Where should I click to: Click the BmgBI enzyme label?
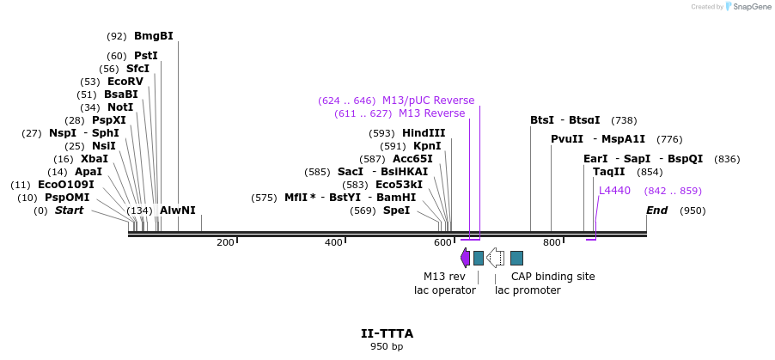(x=153, y=36)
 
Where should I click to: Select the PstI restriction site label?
(x=145, y=56)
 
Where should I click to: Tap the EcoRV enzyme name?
(x=125, y=82)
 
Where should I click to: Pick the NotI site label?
(x=119, y=107)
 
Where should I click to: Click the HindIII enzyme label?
(x=424, y=133)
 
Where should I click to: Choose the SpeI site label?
(x=396, y=211)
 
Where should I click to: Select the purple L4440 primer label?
(x=614, y=191)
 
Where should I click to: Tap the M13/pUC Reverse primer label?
(x=428, y=101)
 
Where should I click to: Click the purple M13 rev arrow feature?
(x=465, y=258)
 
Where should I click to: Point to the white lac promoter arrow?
(x=496, y=258)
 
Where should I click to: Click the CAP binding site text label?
(x=552, y=277)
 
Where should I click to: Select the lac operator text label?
(x=444, y=290)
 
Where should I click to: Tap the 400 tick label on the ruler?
(x=333, y=243)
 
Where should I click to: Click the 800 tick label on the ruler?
(x=551, y=243)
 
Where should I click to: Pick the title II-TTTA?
(x=387, y=333)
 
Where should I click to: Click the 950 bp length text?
(x=387, y=346)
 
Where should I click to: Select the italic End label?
(x=656, y=211)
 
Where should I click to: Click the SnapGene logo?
(x=744, y=7)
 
